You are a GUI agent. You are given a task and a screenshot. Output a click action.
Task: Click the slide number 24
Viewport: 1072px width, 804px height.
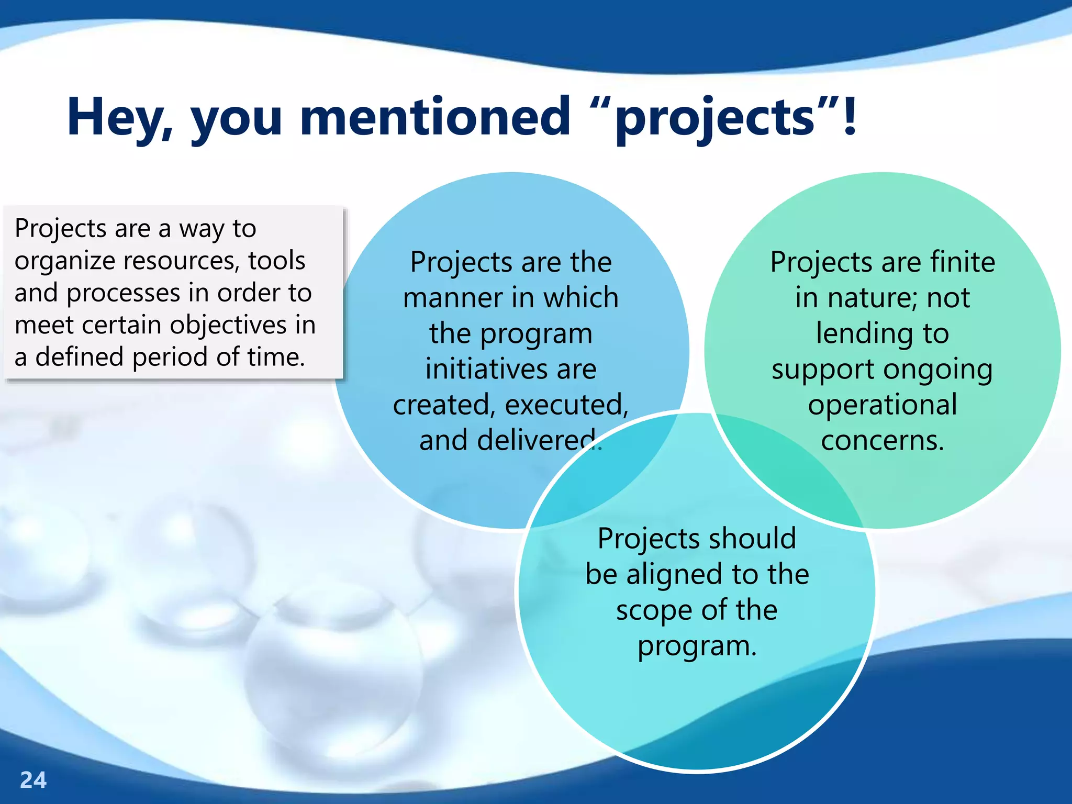tap(33, 780)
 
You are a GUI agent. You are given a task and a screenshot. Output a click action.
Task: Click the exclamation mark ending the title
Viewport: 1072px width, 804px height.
tap(850, 116)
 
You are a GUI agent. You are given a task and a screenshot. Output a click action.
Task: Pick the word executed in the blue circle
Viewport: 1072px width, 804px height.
tap(566, 405)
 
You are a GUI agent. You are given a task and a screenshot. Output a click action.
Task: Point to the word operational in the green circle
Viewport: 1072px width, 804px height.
tap(883, 405)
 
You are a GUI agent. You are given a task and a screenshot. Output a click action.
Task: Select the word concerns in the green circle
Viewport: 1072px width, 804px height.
tap(883, 440)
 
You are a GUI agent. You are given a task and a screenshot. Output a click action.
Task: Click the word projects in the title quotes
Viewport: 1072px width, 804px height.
tap(715, 118)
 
